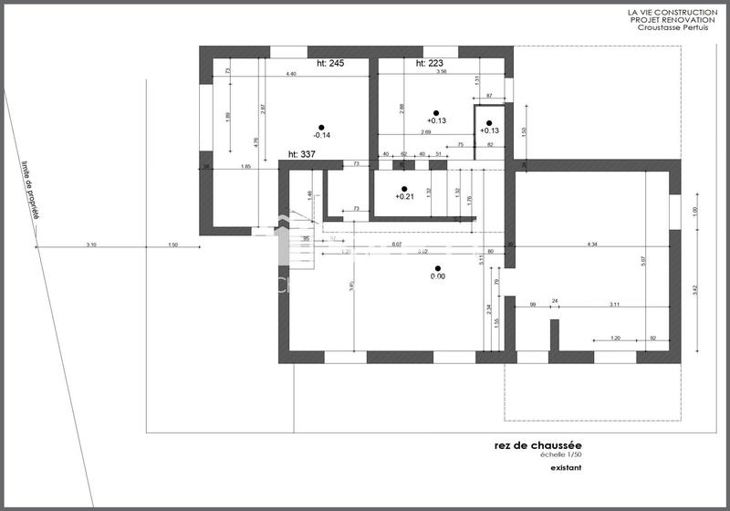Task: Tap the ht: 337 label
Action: point(301,154)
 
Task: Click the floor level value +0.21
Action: point(404,196)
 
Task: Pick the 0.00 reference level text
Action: point(438,276)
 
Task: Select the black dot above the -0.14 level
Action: point(320,127)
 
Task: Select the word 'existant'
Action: point(566,468)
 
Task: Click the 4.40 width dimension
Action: point(290,72)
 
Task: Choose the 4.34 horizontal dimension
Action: point(592,244)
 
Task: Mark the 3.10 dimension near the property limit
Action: point(91,245)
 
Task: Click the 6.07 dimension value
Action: point(396,244)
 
